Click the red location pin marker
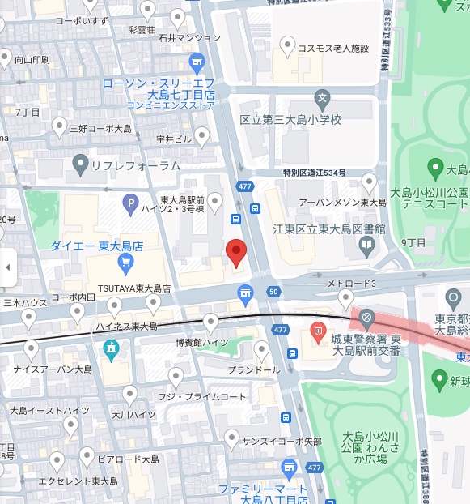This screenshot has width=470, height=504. (x=235, y=252)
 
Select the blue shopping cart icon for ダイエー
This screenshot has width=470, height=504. (x=125, y=261)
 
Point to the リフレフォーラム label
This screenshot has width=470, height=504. (x=136, y=165)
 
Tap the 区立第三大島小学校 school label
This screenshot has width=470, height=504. (x=291, y=120)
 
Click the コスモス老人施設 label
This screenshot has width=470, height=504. (x=333, y=49)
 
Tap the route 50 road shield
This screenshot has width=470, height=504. (x=274, y=292)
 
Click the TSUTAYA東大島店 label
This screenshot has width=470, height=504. (x=134, y=288)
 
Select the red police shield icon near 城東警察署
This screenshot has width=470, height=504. (x=319, y=331)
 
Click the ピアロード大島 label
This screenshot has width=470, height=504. (x=129, y=459)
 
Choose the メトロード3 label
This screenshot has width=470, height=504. (x=352, y=284)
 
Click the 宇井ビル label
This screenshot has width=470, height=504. (x=174, y=139)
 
